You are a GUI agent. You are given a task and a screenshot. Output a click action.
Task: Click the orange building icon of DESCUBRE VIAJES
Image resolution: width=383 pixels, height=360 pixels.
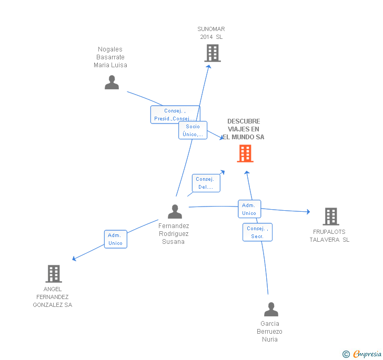[245, 153]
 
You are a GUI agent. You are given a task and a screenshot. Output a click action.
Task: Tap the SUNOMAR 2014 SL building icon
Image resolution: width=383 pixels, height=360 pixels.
[212, 53]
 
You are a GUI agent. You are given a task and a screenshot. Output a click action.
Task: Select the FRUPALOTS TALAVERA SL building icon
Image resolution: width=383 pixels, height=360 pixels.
[330, 217]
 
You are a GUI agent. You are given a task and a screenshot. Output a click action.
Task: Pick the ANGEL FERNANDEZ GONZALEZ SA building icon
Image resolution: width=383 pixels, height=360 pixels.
[54, 273]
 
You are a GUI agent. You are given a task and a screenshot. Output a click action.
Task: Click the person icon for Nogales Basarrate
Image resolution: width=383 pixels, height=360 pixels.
[112, 83]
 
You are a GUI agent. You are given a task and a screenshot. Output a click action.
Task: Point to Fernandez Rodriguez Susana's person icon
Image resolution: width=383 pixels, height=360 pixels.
[175, 211]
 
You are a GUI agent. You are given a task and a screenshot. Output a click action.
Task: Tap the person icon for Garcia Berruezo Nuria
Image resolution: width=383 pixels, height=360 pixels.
[271, 309]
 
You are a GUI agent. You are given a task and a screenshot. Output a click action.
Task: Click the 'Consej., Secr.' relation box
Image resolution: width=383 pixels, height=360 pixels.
[257, 232]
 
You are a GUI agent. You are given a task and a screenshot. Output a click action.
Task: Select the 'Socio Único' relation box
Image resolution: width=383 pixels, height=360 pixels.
[193, 130]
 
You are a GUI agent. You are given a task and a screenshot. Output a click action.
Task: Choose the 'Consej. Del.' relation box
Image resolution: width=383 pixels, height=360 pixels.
[206, 183]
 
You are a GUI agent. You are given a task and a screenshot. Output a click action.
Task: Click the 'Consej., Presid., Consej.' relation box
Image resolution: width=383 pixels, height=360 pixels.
[175, 115]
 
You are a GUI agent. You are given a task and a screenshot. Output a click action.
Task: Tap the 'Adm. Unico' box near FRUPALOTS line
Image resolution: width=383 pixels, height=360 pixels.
[249, 209]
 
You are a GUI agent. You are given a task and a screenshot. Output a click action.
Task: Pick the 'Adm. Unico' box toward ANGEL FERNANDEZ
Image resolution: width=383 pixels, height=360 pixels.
[115, 239]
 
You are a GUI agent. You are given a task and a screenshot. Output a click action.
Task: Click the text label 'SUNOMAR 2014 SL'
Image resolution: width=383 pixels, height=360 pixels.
[211, 33]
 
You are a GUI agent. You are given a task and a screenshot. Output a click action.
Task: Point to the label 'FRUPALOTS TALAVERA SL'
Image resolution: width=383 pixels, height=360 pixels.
[329, 235]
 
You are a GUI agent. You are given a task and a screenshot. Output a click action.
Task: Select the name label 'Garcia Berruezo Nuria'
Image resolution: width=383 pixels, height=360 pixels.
[269, 331]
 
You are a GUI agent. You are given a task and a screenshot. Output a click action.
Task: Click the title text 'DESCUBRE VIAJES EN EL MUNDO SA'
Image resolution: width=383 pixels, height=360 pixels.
[244, 129]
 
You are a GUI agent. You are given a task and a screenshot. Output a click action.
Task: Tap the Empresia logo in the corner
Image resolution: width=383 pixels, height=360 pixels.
[362, 354]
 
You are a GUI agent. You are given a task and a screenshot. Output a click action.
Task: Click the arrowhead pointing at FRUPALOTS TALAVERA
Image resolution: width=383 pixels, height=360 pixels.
[308, 212]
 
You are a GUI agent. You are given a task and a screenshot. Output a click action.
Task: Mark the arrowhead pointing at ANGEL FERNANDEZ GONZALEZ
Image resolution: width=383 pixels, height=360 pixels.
[74, 259]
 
